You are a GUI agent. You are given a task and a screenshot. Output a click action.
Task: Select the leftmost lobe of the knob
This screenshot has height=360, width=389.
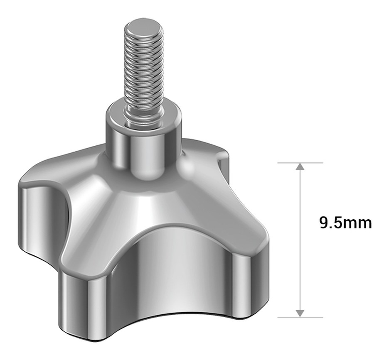pyautogui.click(x=42, y=213)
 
